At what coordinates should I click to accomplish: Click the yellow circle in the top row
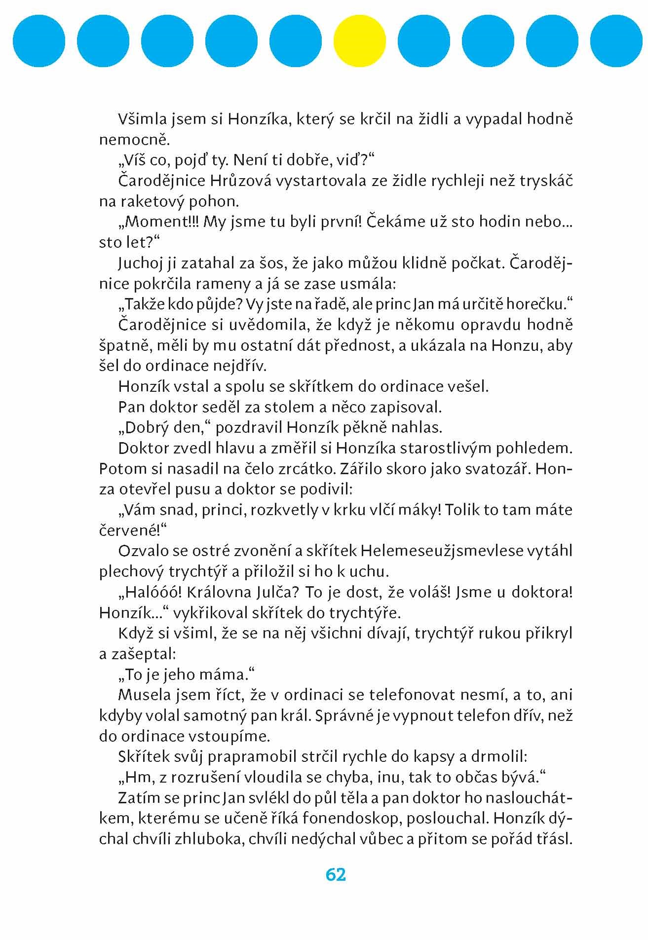coord(359,40)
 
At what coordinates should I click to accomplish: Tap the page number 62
coord(336,874)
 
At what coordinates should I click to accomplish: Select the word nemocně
coord(134,140)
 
